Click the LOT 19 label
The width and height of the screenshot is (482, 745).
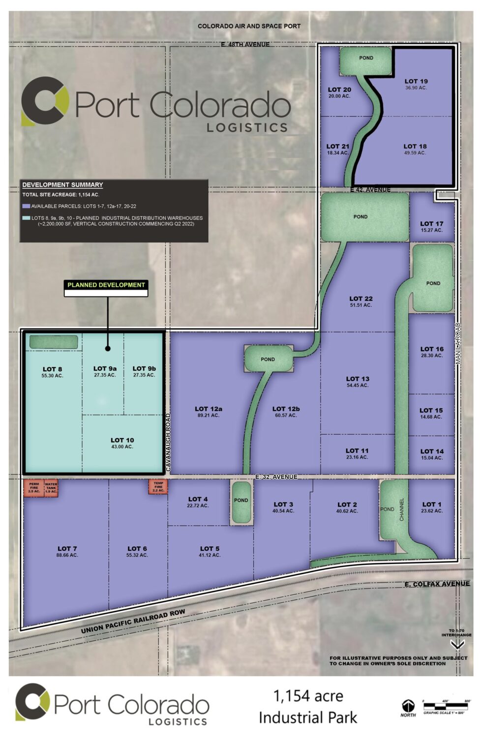pyautogui.click(x=416, y=82)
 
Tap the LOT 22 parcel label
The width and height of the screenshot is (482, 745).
pyautogui.click(x=361, y=298)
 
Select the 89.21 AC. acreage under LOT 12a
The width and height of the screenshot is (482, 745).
pyautogui.click(x=208, y=416)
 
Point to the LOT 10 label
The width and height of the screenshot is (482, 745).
pyautogui.click(x=122, y=440)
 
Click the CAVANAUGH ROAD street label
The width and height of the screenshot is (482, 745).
pyautogui.click(x=168, y=443)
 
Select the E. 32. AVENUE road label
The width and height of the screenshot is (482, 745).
pyautogui.click(x=276, y=477)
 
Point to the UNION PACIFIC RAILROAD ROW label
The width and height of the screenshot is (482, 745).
pyautogui.click(x=133, y=622)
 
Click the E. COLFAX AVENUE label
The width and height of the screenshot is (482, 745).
pyautogui.click(x=437, y=584)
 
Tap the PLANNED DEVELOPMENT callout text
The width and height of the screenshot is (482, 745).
pyautogui.click(x=106, y=285)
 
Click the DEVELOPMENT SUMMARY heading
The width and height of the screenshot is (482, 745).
pyautogui.click(x=62, y=185)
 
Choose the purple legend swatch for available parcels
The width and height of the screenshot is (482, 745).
pyautogui.click(x=26, y=206)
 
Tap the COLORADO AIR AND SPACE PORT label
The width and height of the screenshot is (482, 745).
pyautogui.click(x=249, y=26)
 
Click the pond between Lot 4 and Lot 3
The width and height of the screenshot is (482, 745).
pyautogui.click(x=241, y=503)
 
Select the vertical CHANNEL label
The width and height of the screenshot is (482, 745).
pyautogui.click(x=402, y=509)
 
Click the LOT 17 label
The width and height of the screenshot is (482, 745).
pyautogui.click(x=431, y=224)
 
